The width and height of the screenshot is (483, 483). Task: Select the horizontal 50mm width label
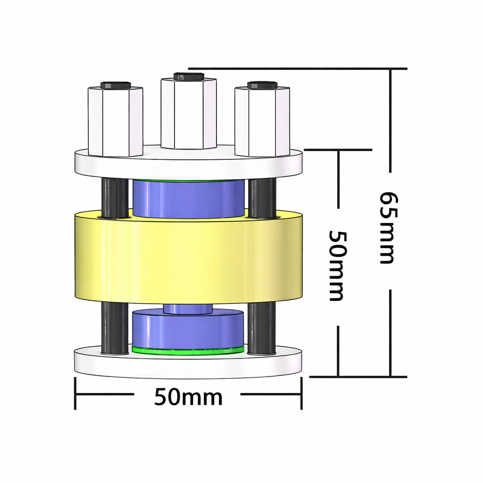tap(188, 398)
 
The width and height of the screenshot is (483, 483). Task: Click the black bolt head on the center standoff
tap(188, 76)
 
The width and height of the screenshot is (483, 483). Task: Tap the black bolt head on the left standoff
tap(116, 85)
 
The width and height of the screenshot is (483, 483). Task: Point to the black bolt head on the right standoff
tap(262, 85)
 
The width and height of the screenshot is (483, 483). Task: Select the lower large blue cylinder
tap(188, 330)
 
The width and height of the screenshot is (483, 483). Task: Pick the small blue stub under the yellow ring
tap(188, 309)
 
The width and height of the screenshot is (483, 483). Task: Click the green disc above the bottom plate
tap(188, 350)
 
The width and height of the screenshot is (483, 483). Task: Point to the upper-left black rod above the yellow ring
tap(114, 197)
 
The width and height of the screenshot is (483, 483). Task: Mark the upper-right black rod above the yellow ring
tap(262, 197)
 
